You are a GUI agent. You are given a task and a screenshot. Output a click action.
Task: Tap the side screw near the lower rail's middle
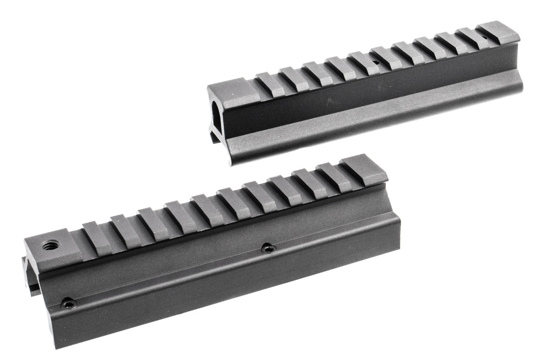point(268,247)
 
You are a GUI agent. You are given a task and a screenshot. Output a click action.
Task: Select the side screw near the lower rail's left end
point(69,304)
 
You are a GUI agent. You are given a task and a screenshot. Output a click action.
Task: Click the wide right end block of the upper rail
point(498,32)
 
